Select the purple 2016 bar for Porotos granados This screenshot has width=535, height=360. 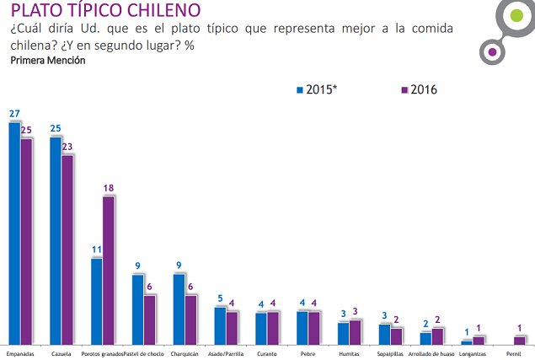pyautogui.click(x=109, y=270)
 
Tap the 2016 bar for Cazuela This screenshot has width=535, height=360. pyautogui.click(x=67, y=250)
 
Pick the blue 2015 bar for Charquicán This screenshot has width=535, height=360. pyautogui.click(x=179, y=309)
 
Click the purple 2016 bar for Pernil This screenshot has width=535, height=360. pyautogui.click(x=520, y=340)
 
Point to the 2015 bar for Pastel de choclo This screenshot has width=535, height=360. pyautogui.click(x=137, y=309)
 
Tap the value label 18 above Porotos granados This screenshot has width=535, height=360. pyautogui.click(x=109, y=188)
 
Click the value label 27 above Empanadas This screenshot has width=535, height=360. pyautogui.click(x=14, y=113)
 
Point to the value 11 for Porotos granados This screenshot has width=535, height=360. pyautogui.click(x=96, y=250)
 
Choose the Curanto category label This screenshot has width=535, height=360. pyautogui.click(x=266, y=352)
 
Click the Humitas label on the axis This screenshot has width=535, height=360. pyautogui.click(x=349, y=352)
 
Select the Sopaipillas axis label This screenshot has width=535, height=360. pyautogui.click(x=390, y=352)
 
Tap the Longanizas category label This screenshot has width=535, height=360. pyautogui.click(x=473, y=352)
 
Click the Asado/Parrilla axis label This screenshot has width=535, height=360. pyautogui.click(x=226, y=352)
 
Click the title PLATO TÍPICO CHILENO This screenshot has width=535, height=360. pyautogui.click(x=105, y=11)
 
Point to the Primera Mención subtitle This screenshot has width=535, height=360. pyautogui.click(x=47, y=61)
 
